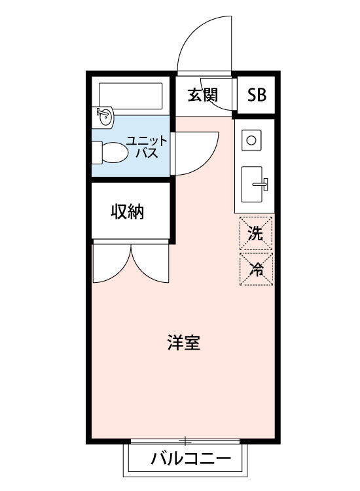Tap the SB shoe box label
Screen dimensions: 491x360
[257, 95]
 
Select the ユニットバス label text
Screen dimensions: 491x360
[147, 147]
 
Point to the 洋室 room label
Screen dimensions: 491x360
[183, 342]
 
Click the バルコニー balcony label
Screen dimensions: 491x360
[190, 458]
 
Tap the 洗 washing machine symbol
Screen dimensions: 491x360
[257, 233]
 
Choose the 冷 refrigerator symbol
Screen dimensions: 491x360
[257, 268]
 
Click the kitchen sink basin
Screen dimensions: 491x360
[253, 185]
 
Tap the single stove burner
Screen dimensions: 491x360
[252, 139]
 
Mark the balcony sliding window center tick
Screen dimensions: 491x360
[187, 440]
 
